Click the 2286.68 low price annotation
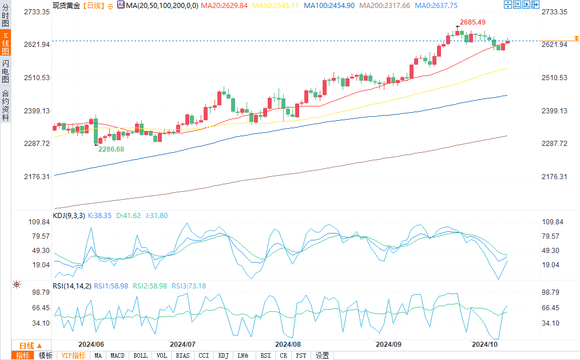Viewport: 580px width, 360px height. coord(111,149)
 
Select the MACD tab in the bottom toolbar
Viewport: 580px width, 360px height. coord(117,355)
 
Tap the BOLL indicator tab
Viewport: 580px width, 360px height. coord(140,355)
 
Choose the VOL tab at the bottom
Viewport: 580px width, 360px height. coord(162,355)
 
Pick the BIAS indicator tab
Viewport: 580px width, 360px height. coord(183,355)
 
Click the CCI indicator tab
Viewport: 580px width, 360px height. coord(204,355)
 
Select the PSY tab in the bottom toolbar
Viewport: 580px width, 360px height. coord(301,355)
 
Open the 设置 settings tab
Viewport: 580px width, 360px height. coord(322,355)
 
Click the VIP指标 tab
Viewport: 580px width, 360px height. coord(74,355)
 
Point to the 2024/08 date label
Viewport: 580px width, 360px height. coord(288,345)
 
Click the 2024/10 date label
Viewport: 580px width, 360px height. coord(483,345)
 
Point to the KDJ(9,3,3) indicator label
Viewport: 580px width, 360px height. coord(69,215)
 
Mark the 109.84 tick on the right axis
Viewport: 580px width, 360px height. coord(553,222)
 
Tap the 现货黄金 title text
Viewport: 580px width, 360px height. coord(66,5)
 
